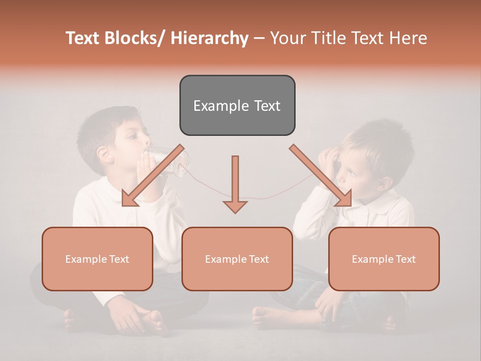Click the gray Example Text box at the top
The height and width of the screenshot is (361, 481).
237,105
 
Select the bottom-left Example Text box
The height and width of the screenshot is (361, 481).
97,259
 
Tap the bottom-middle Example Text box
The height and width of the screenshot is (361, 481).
237,259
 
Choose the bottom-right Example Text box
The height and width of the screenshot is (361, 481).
384,259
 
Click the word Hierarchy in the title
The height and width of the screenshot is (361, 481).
209,38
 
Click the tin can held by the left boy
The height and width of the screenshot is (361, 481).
173,160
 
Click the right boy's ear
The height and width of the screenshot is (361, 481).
385,183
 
